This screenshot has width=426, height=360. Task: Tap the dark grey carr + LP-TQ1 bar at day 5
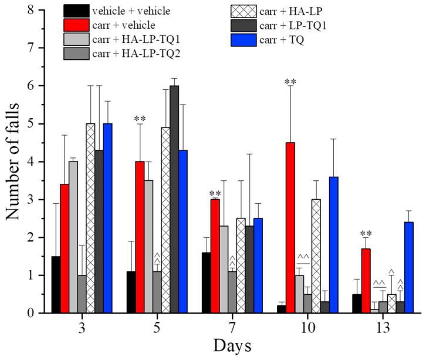(174, 200)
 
